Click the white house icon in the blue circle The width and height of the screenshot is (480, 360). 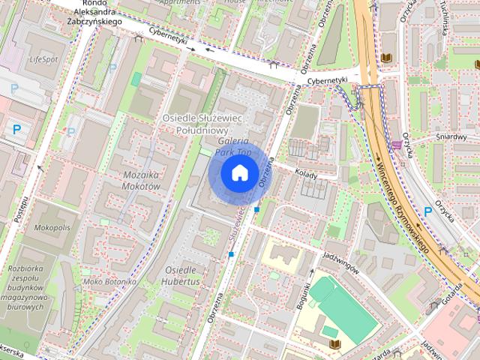(x=239, y=173)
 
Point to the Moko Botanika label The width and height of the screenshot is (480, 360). (x=109, y=281)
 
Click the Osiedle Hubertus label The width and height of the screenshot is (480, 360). (x=181, y=275)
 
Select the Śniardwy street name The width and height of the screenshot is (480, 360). (x=451, y=136)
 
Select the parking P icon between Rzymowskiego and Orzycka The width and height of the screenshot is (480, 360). (x=428, y=211)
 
